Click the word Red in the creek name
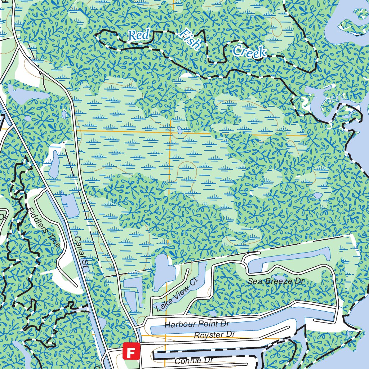click(x=139, y=35)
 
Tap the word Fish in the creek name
click(x=190, y=39)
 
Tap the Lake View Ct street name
click(x=175, y=295)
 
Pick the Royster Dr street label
click(x=214, y=335)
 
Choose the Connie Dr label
click(x=194, y=360)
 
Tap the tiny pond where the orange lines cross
click(x=179, y=130)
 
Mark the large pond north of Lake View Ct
click(x=162, y=272)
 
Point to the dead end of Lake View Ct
click(x=188, y=270)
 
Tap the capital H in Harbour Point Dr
click(x=168, y=325)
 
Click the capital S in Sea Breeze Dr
click(x=250, y=281)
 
